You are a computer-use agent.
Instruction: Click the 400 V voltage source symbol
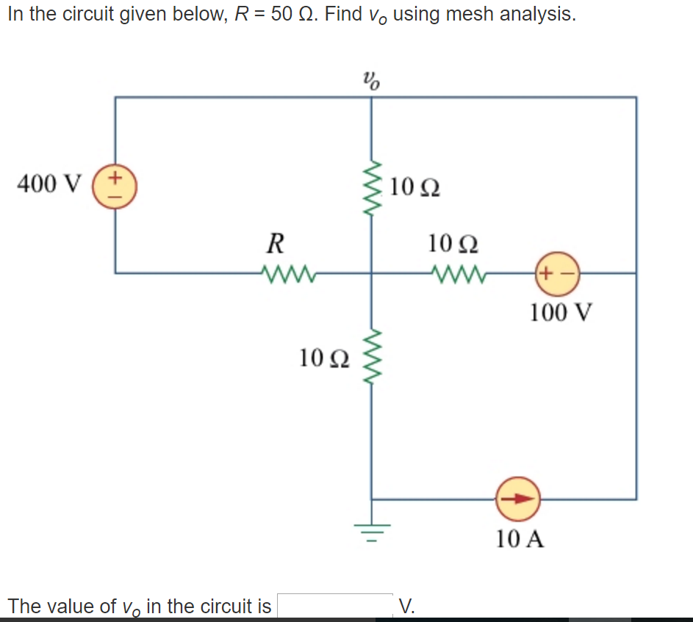point(115,187)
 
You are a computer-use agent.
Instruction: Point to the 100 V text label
point(560,312)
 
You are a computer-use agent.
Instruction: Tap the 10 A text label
point(520,539)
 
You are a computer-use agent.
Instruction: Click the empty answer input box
point(334,606)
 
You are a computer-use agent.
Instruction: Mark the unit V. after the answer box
point(406,606)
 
